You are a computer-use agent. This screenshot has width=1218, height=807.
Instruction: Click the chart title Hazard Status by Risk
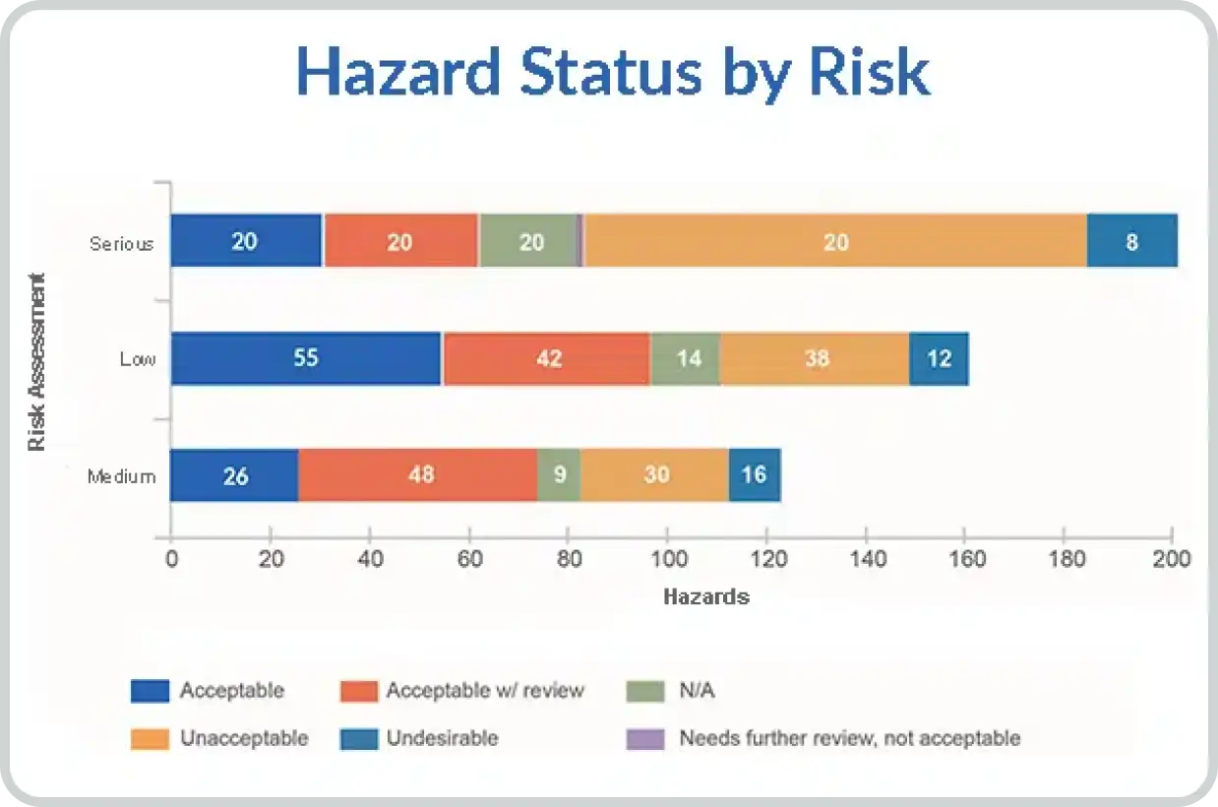coord(613,73)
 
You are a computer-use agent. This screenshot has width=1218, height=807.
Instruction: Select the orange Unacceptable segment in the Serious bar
coord(835,240)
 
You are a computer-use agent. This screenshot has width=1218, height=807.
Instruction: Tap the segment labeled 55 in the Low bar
coord(306,358)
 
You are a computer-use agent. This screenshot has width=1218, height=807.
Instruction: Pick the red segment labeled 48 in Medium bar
coord(417,474)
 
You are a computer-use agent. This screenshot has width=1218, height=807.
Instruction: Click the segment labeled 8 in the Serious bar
coord(1132,240)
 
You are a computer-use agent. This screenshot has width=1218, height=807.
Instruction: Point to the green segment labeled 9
coord(559,474)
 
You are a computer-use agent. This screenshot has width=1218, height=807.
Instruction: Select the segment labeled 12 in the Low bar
coord(939,358)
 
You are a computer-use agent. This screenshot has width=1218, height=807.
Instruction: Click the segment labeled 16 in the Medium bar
coord(755,474)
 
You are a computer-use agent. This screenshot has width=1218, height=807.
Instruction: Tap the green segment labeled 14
coord(686,358)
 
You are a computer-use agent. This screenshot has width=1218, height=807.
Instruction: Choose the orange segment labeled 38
coord(815,358)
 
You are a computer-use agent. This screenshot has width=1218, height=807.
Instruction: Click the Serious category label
coord(121,244)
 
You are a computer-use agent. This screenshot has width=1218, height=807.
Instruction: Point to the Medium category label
coord(122,477)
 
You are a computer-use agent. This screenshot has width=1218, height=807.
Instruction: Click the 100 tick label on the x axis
coord(668,559)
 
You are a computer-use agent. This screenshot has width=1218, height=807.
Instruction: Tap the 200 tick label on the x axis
coord(1171,559)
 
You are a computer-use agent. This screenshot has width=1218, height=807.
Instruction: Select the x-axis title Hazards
coord(706,597)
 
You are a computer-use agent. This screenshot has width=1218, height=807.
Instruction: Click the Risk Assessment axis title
coord(36,362)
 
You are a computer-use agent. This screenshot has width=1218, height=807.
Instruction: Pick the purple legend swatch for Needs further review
coord(644,739)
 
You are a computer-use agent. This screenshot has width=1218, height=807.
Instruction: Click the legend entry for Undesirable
coord(419,738)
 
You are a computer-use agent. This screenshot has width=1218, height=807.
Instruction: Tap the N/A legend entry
coord(670,691)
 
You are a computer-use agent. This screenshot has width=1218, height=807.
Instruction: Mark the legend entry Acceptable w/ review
coord(462,691)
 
